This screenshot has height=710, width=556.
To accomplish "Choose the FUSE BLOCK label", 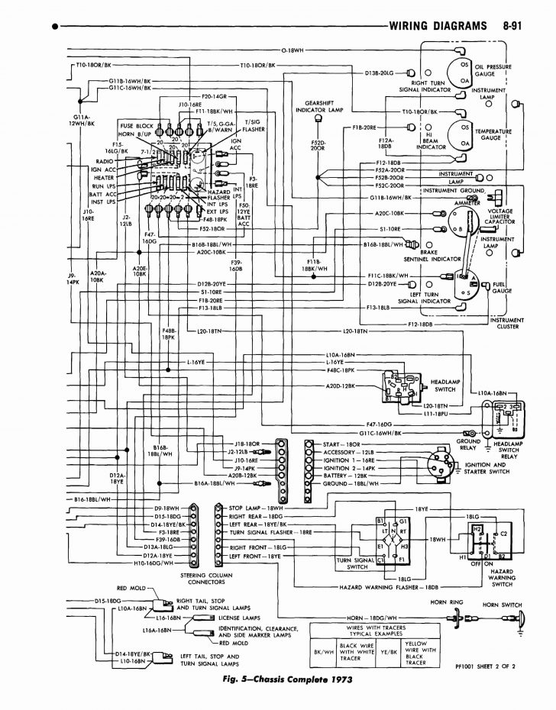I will coord(134,124).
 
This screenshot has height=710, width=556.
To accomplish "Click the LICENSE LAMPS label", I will coord(239,616).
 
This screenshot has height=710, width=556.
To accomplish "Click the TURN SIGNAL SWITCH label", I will coord(354,563).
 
